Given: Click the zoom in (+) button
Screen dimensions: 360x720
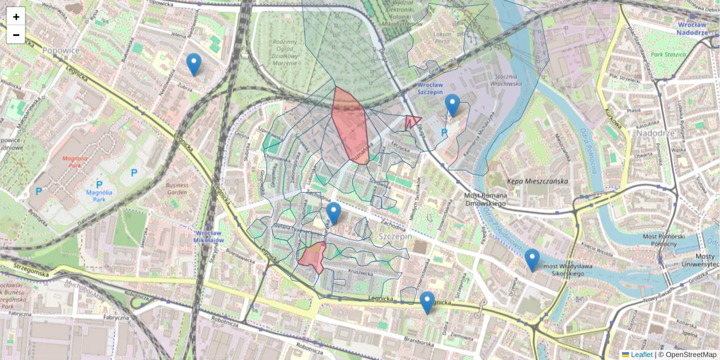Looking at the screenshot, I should pyautogui.click(x=16, y=17).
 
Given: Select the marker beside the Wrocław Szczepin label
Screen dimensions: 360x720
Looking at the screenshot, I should pyautogui.click(x=452, y=105).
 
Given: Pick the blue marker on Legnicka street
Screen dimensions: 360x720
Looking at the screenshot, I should pyautogui.click(x=427, y=302).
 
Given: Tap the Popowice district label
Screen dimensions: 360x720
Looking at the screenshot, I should pyautogui.click(x=61, y=50).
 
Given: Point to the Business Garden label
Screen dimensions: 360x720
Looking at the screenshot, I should pyautogui.click(x=177, y=189).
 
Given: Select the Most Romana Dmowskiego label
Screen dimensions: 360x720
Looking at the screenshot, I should pyautogui.click(x=487, y=199).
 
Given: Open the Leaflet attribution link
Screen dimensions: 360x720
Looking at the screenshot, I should pyautogui.click(x=641, y=355).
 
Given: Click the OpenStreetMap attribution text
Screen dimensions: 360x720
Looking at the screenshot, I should pyautogui.click(x=691, y=355).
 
